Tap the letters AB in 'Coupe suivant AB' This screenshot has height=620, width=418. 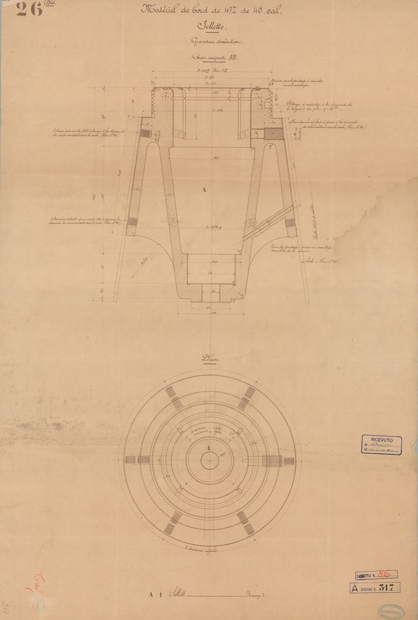232,57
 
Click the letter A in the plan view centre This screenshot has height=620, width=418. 208,447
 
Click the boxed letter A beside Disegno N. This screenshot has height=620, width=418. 354,587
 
